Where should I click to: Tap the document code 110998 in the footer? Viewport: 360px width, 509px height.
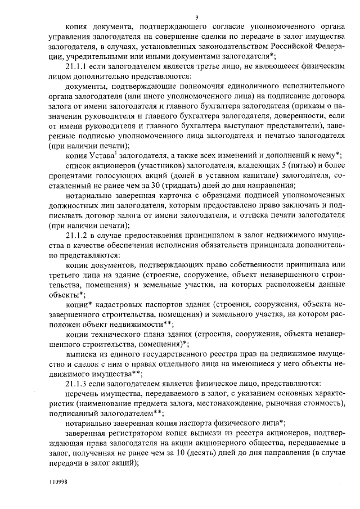pos(58,483)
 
